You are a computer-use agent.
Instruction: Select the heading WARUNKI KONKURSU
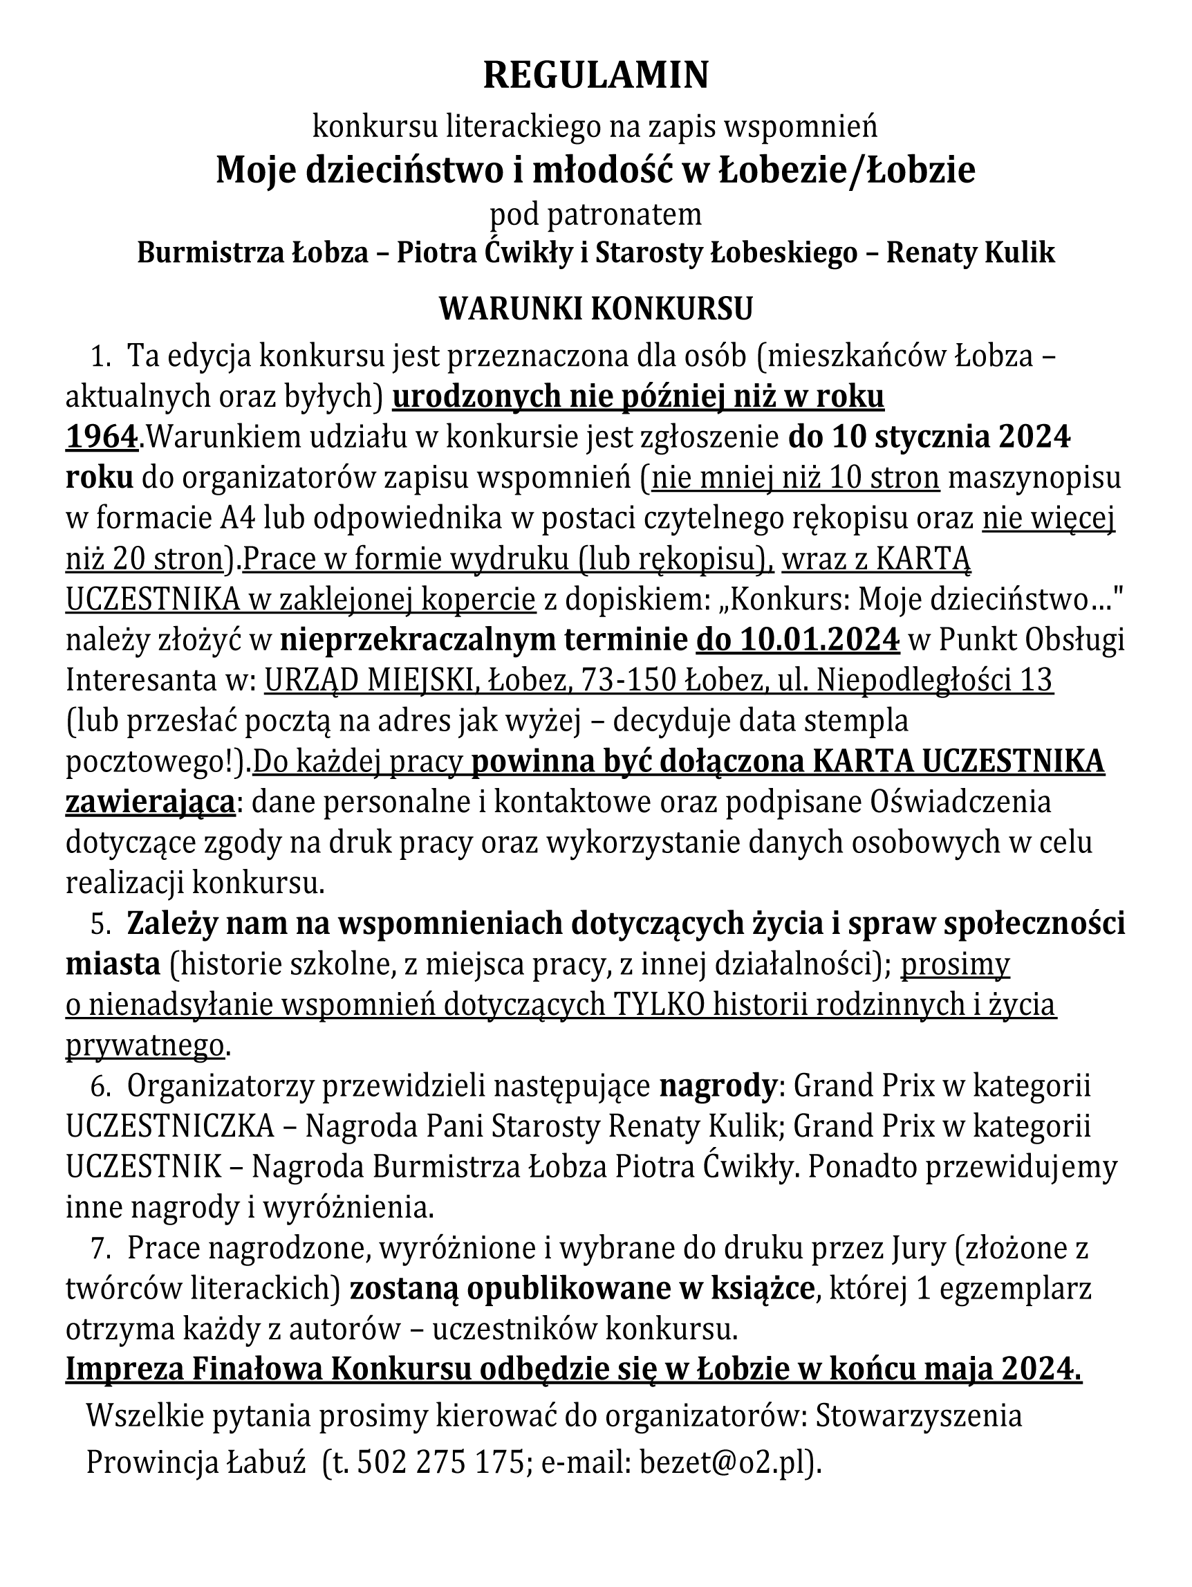click(595, 309)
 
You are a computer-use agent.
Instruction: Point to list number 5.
click(100, 924)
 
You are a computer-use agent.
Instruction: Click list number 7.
click(100, 1249)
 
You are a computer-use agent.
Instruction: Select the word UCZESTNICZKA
click(171, 1127)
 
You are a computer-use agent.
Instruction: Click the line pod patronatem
click(595, 214)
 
